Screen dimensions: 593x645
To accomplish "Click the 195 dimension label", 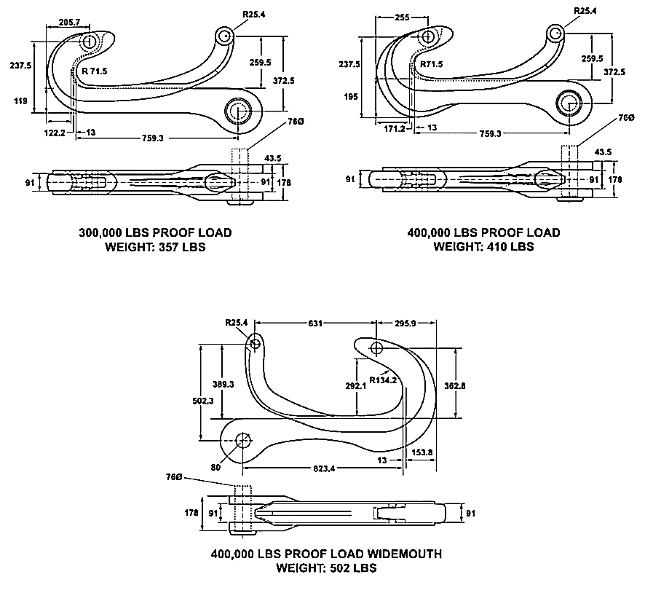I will point(352,96).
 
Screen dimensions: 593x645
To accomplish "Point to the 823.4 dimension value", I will point(318,468).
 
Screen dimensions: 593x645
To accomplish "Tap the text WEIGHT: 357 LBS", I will point(155,247).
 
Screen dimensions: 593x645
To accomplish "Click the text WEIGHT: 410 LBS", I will point(484,247).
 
